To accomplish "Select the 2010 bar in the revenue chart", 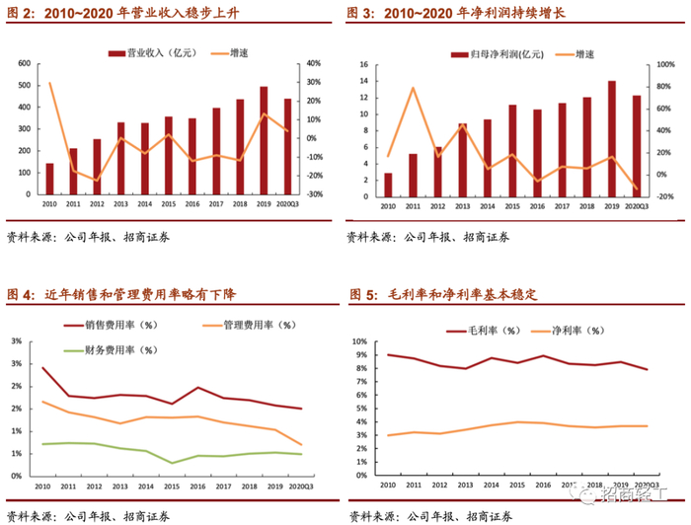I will coord(49,179).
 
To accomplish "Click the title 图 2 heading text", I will coord(123,13).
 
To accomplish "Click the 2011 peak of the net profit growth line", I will coord(413,89).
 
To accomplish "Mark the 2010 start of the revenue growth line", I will coord(49,83).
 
